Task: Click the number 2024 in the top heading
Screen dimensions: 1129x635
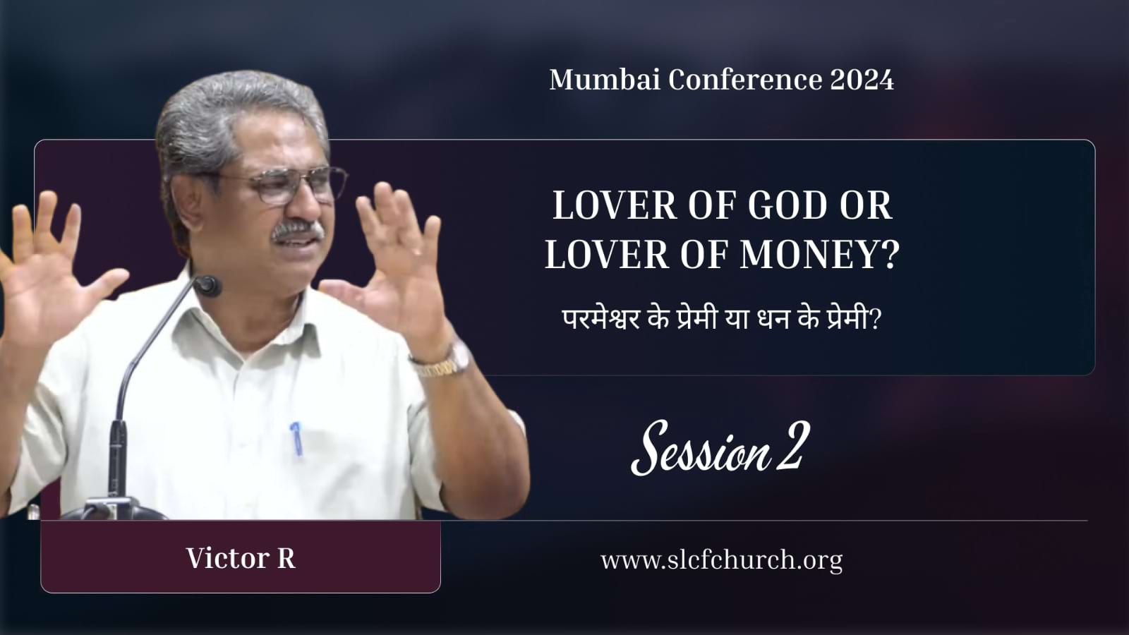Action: (x=862, y=80)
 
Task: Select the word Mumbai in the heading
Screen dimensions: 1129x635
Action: (x=605, y=80)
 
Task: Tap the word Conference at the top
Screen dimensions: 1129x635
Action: (x=745, y=80)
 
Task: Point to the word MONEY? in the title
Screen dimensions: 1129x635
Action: (x=819, y=255)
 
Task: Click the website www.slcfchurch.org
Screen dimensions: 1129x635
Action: (x=721, y=560)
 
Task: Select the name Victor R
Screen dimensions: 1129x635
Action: (x=241, y=558)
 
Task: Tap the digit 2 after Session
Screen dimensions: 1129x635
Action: (x=792, y=447)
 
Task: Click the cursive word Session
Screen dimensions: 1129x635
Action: (x=701, y=447)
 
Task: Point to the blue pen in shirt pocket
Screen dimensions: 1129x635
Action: (x=296, y=438)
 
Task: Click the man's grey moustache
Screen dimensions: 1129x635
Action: (x=297, y=230)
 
